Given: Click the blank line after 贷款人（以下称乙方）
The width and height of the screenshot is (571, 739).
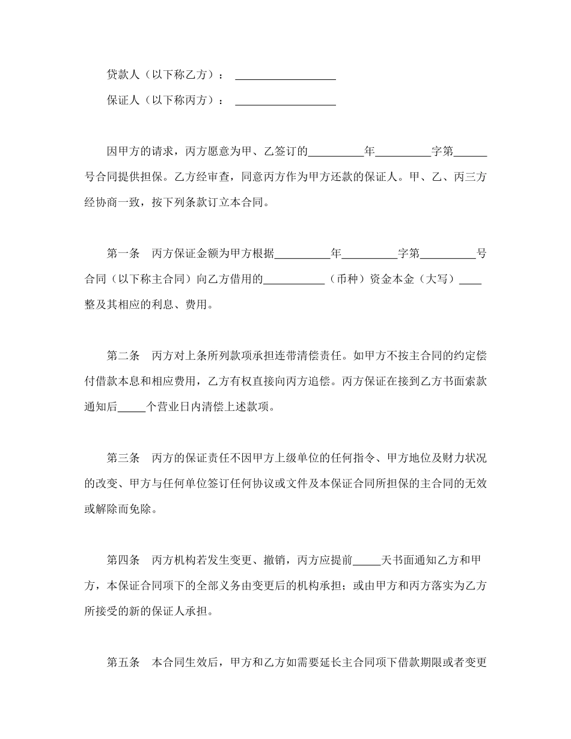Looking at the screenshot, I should (x=285, y=76).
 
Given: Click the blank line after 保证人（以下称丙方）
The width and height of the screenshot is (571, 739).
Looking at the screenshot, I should (x=285, y=102).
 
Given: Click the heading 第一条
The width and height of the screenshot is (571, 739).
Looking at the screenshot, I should (x=123, y=254).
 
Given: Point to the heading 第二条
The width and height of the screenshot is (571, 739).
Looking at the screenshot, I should (x=123, y=355).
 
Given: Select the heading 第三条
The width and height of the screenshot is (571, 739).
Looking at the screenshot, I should (x=123, y=458).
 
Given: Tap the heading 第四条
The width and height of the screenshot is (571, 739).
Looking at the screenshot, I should (x=123, y=560).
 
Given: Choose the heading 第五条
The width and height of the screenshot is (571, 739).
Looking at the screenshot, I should (x=123, y=663).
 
